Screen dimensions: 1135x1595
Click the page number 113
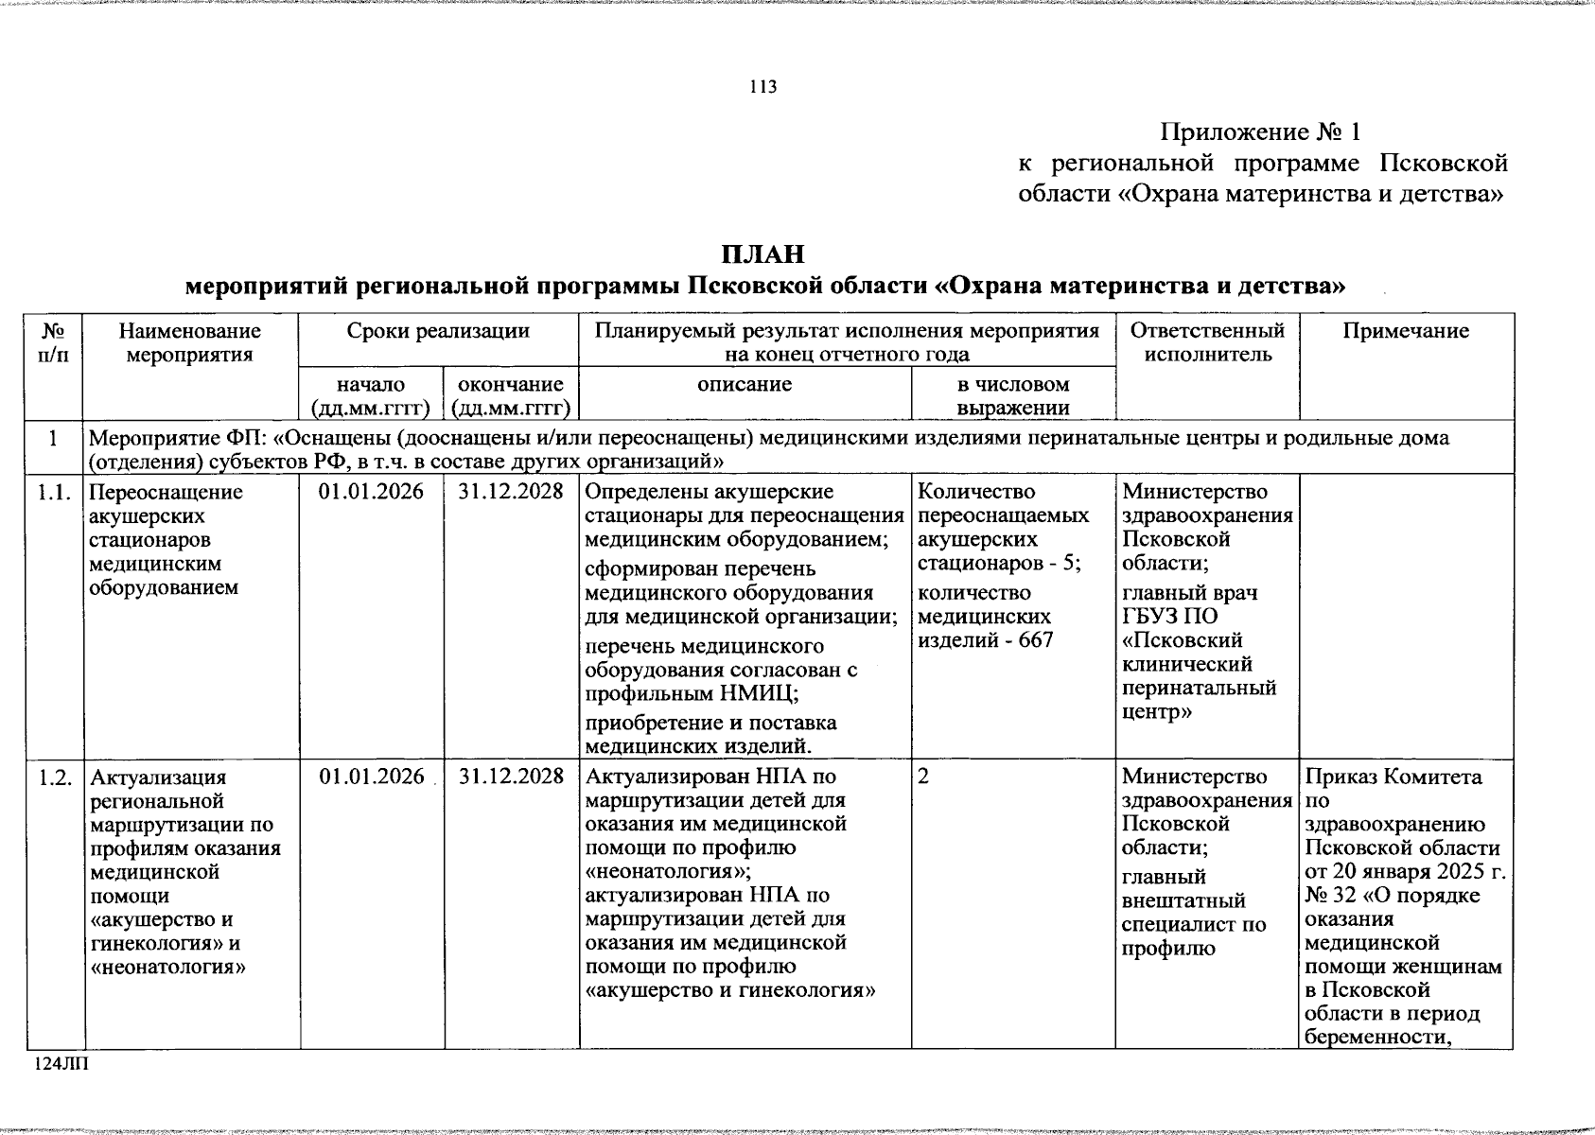[x=762, y=87]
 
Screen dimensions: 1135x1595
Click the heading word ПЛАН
[x=762, y=254]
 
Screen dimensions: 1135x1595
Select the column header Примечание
[x=1406, y=331]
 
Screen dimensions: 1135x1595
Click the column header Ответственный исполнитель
[x=1207, y=342]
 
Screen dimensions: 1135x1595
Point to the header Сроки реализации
[x=438, y=331]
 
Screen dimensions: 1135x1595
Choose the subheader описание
[x=745, y=384]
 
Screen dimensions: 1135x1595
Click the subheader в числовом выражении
[x=1012, y=396]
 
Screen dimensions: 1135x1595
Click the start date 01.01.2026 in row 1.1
[x=372, y=492]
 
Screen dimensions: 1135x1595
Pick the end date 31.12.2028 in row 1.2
[x=511, y=777]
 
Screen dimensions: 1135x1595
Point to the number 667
[x=1036, y=640]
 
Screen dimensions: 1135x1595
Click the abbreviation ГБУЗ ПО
[x=1170, y=617]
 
